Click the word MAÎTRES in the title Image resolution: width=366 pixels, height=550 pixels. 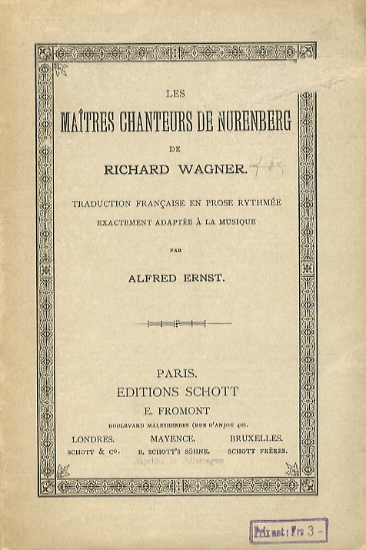(x=89, y=125)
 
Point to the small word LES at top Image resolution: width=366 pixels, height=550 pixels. (x=175, y=95)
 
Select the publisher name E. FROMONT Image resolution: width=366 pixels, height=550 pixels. (x=176, y=410)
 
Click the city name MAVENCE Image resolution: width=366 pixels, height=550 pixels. (x=176, y=438)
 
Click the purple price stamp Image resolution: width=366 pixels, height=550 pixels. (x=288, y=531)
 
